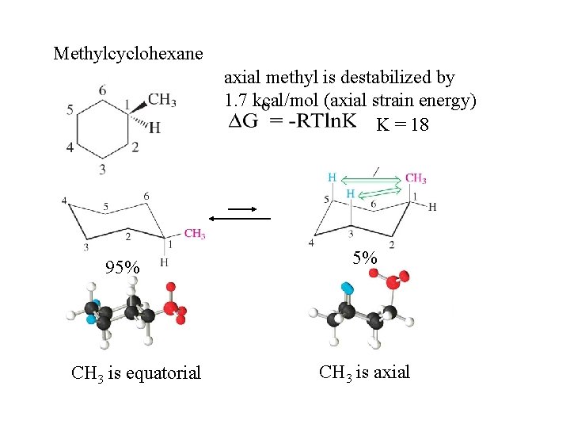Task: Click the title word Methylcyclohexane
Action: [x=127, y=54]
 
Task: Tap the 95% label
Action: [x=123, y=268]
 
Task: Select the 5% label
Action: [x=366, y=258]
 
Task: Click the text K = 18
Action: [x=402, y=125]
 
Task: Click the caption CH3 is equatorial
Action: [x=136, y=372]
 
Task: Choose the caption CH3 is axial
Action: [x=364, y=371]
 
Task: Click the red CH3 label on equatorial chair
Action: [x=195, y=234]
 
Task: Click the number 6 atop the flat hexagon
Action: [x=103, y=90]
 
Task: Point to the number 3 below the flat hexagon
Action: [x=103, y=169]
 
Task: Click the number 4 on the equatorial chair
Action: [x=65, y=201]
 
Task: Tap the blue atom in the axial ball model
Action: [x=346, y=288]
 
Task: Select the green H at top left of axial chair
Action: [x=332, y=178]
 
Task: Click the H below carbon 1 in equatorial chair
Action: [x=164, y=262]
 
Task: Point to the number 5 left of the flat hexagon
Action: [x=70, y=109]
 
